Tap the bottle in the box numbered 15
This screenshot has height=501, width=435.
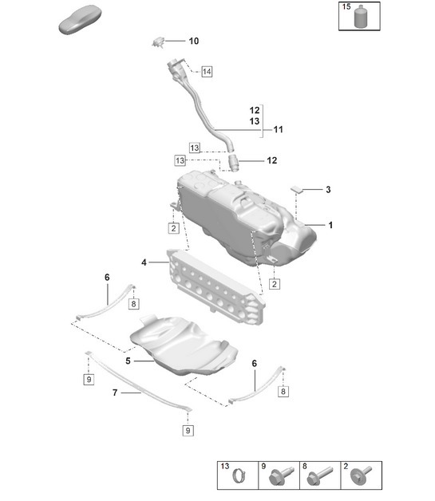pyautogui.click(x=365, y=17)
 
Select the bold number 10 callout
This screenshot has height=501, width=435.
pyautogui.click(x=194, y=41)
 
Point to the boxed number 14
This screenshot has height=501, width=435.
pyautogui.click(x=207, y=72)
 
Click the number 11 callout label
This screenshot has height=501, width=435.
pyautogui.click(x=279, y=129)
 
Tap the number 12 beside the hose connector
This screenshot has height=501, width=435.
pyautogui.click(x=271, y=160)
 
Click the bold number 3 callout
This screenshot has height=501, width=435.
pyautogui.click(x=327, y=190)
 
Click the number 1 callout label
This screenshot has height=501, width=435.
pyautogui.click(x=330, y=226)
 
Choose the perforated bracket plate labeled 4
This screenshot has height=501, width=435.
pyautogui.click(x=216, y=287)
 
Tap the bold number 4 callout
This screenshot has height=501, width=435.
pyautogui.click(x=144, y=262)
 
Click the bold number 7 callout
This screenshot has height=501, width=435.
pyautogui.click(x=115, y=393)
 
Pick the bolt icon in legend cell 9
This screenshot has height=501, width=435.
pyautogui.click(x=279, y=479)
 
